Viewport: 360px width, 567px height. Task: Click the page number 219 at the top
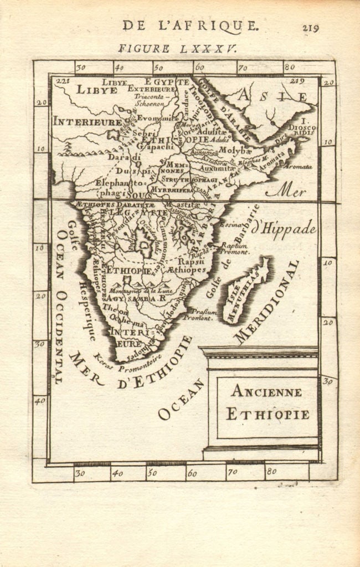point(310,28)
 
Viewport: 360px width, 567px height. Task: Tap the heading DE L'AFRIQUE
point(190,25)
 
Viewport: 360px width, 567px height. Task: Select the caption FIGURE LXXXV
point(177,49)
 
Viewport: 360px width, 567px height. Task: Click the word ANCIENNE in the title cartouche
point(266,391)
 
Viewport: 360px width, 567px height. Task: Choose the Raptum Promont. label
point(233,248)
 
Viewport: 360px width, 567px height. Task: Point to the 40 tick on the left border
point(40,400)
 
